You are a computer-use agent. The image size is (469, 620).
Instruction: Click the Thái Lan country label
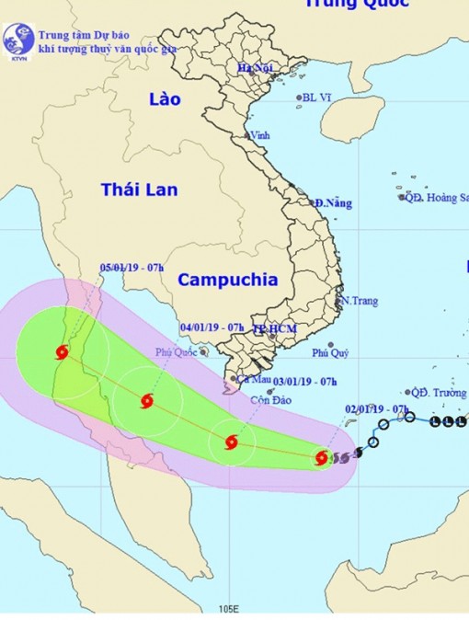140,189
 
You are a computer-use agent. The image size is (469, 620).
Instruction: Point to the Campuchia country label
227,279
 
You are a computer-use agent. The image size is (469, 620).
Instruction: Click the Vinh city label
260,135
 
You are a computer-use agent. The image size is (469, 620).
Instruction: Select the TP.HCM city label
272,328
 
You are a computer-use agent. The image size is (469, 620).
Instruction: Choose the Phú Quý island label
331,352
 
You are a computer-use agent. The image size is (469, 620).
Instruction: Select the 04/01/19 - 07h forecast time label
212,327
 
